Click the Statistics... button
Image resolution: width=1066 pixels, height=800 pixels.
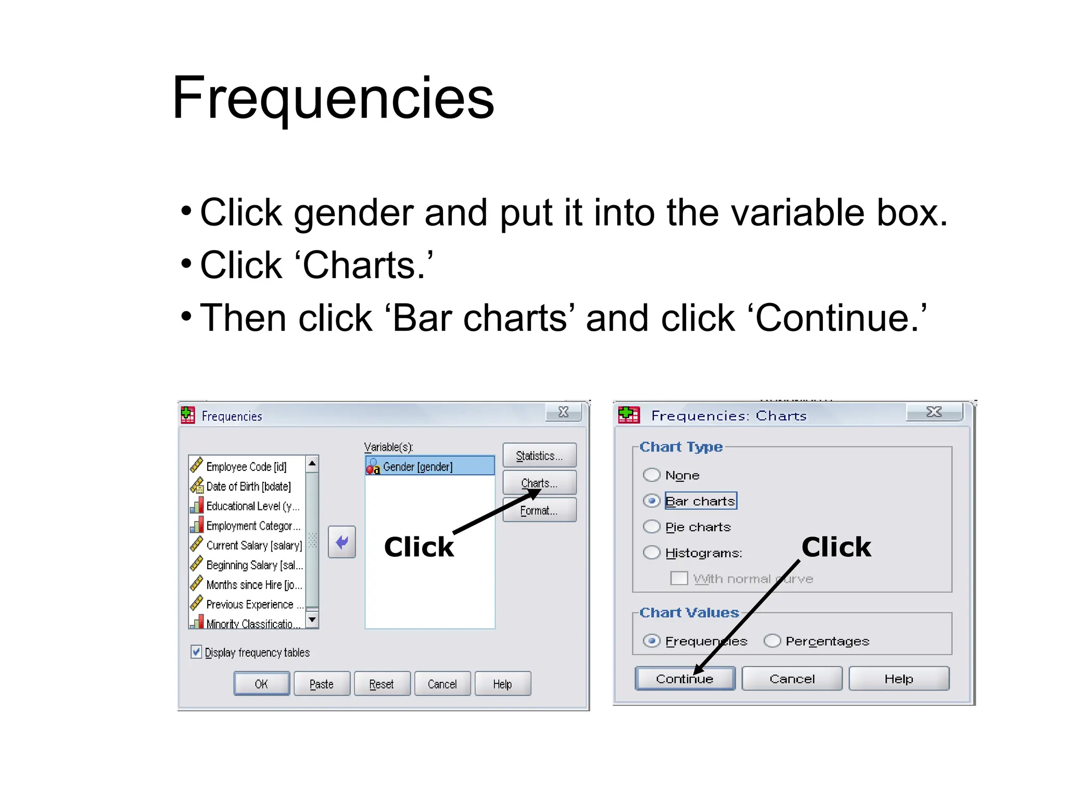tap(539, 456)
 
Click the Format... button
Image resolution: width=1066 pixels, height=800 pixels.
tap(539, 510)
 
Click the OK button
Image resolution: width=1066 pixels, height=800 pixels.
tap(261, 684)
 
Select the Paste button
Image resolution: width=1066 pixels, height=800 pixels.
tap(322, 684)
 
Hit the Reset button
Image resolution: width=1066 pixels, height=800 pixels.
tap(382, 684)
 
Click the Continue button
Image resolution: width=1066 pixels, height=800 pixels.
tap(684, 679)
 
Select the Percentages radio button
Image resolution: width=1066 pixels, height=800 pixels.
tap(772, 641)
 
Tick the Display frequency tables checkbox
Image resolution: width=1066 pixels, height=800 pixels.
tap(196, 652)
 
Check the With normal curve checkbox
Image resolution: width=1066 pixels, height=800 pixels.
tap(679, 578)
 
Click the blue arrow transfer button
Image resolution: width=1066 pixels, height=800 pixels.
tap(342, 542)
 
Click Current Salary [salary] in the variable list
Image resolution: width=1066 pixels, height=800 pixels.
tap(253, 545)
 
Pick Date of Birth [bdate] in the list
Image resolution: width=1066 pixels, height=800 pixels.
tap(248, 486)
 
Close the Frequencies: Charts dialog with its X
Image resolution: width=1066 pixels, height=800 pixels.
tap(934, 412)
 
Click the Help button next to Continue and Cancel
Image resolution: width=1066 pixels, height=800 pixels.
tap(898, 679)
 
